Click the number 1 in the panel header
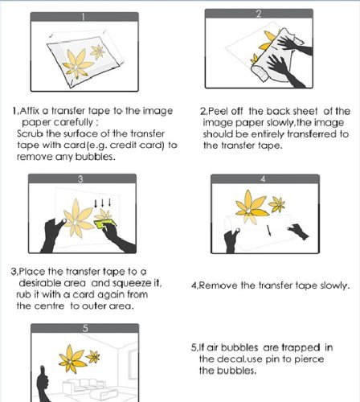84,17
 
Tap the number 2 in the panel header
259,14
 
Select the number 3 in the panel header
80,178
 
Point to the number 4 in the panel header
263,179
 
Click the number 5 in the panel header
85,328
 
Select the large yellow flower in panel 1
76,64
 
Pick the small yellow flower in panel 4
277,204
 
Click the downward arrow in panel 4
269,231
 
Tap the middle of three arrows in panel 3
103,203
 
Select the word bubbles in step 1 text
95,157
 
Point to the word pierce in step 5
309,359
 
